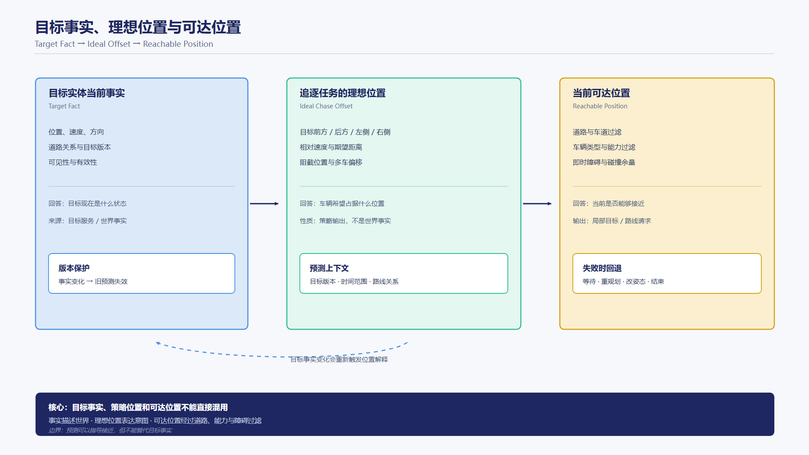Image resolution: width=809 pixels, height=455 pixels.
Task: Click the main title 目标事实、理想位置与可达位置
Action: pos(138,27)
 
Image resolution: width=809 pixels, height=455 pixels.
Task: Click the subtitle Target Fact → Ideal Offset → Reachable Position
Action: pos(124,44)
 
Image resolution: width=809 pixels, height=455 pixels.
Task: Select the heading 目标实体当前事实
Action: pos(87,93)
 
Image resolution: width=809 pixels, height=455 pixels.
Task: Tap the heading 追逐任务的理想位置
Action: pos(343,93)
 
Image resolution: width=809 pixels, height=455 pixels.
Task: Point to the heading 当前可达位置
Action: pos(601,93)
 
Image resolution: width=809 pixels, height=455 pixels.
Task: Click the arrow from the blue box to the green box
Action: pos(264,204)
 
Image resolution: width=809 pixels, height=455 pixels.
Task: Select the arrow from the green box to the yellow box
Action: pos(537,204)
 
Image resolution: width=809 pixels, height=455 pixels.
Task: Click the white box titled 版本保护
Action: pos(142,273)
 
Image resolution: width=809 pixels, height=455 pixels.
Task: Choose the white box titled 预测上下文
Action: pos(404,273)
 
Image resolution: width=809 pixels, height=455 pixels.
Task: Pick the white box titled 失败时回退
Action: pos(667,273)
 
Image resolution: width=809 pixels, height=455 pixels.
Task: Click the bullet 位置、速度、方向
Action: pos(76,132)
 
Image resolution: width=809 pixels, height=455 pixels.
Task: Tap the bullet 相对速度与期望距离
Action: pos(331,147)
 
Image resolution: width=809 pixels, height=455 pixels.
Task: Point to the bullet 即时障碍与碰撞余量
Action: pos(604,162)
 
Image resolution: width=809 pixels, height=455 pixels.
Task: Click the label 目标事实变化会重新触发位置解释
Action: pos(339,359)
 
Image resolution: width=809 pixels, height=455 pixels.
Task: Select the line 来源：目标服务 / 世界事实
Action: pos(88,221)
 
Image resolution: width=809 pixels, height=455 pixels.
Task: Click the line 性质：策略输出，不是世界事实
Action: pos(345,221)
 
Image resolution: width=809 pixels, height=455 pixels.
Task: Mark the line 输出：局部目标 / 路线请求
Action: pos(612,221)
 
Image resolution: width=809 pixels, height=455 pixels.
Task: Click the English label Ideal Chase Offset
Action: pos(326,106)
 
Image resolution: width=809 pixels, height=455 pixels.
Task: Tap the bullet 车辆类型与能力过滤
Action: pos(604,147)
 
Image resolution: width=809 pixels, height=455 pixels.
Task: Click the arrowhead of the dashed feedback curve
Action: pos(158,343)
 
